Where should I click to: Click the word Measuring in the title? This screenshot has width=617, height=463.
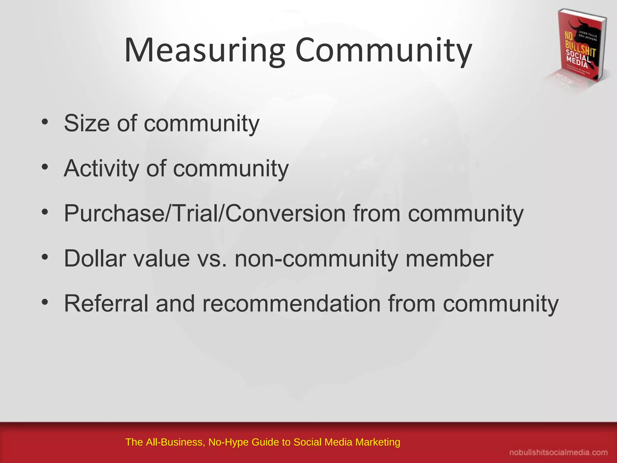204,50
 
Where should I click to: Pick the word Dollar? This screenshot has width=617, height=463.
95,258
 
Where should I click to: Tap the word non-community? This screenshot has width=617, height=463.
316,258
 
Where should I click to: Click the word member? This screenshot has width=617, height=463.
449,258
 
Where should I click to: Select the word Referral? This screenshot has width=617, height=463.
106,303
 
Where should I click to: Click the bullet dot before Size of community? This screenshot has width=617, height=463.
45,122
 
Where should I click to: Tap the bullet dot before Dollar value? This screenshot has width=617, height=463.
45,257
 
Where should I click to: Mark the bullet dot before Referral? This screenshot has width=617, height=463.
45,302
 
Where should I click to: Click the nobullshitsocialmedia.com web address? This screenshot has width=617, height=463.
558,452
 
